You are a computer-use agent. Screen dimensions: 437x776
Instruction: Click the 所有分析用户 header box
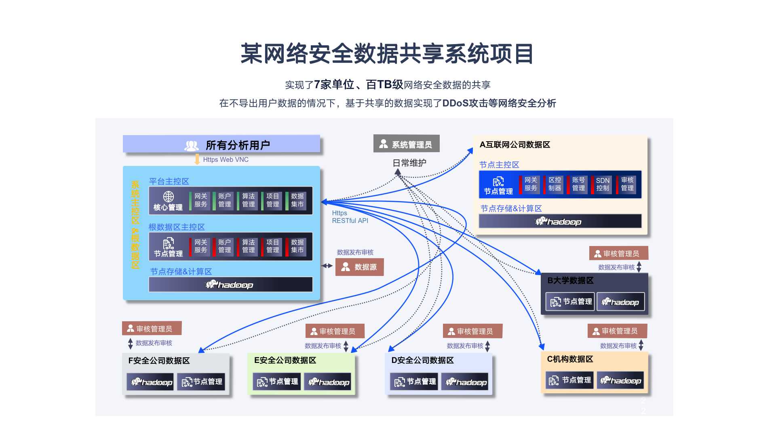pos(221,144)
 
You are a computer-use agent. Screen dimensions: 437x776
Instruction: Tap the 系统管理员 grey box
pos(406,144)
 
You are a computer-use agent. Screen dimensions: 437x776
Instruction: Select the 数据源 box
pos(359,267)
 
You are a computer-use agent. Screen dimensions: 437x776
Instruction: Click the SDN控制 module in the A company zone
pos(602,185)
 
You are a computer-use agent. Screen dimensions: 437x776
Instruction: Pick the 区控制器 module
pos(555,185)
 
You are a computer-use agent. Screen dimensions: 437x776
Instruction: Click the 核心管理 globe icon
pos(169,197)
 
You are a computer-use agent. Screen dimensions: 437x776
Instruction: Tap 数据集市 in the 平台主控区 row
pos(297,200)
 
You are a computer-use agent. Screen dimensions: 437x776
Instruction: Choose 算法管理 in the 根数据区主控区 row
pos(249,246)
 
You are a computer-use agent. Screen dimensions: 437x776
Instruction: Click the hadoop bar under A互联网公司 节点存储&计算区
pos(560,221)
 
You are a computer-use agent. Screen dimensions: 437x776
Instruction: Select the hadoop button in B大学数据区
pos(620,302)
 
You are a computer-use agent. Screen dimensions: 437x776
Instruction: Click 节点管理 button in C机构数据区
pos(570,380)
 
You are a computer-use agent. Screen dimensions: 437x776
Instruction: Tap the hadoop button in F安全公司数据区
pos(150,382)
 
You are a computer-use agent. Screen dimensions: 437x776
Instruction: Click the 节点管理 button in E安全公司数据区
pos(277,382)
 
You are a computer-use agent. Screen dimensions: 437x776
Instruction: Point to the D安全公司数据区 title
pos(422,360)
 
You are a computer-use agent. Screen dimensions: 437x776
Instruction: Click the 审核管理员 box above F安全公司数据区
pos(152,329)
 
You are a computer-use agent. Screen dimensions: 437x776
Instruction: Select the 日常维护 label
pos(409,163)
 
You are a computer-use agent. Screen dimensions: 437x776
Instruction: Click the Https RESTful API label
pos(350,217)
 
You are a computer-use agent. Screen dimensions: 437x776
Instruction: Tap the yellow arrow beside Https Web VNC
pos(197,159)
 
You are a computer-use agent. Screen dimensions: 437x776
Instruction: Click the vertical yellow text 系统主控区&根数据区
pos(135,225)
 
